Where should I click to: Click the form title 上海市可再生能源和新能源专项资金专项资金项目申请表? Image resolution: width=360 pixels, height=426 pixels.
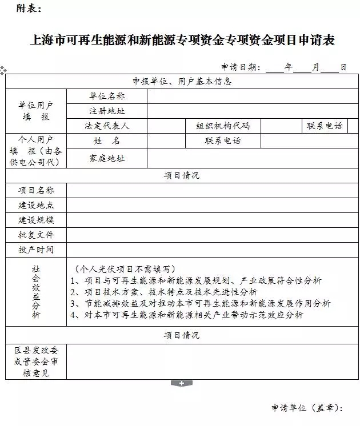tap(181, 40)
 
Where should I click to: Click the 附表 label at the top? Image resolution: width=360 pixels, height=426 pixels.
tap(29, 9)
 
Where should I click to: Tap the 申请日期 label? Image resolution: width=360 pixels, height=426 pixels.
tap(241, 67)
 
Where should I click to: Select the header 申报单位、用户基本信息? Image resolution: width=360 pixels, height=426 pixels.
tap(182, 81)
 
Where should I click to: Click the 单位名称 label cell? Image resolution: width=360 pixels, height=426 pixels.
tap(107, 96)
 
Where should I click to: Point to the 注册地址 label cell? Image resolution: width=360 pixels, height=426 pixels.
tap(107, 111)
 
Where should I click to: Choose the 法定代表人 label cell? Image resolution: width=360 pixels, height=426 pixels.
tap(107, 126)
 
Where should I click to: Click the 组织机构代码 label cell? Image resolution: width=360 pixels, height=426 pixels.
tap(223, 126)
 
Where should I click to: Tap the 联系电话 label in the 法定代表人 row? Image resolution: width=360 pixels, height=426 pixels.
tap(325, 126)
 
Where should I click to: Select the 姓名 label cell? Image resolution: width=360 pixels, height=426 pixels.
tap(107, 140)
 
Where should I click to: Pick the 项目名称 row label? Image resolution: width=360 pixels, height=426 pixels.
tap(36, 190)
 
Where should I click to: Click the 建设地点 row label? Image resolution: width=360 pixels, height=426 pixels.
tap(36, 205)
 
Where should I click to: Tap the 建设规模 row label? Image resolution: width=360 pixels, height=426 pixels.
tap(36, 220)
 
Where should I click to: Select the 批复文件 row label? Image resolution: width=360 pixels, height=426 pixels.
tap(36, 235)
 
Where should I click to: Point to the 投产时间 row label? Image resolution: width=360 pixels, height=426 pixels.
tap(36, 250)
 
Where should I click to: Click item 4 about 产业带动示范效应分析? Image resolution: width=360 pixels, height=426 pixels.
tap(186, 315)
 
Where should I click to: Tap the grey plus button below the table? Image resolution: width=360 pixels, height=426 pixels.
tap(181, 383)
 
